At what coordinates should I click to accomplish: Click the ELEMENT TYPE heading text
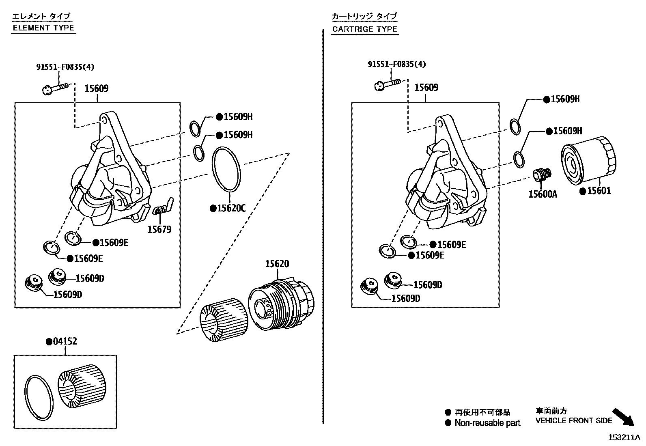click(x=43, y=28)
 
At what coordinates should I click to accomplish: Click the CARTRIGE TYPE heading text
click(x=364, y=29)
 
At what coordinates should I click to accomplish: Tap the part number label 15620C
click(x=230, y=209)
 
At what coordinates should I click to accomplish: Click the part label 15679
click(x=159, y=230)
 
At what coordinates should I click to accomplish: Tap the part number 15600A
click(x=543, y=194)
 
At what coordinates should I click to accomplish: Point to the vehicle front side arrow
click(x=623, y=417)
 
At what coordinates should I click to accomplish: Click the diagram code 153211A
click(x=623, y=437)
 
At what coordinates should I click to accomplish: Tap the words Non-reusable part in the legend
click(x=487, y=423)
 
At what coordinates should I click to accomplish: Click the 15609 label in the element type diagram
click(x=97, y=88)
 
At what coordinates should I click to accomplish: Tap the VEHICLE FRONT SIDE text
click(x=573, y=421)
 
